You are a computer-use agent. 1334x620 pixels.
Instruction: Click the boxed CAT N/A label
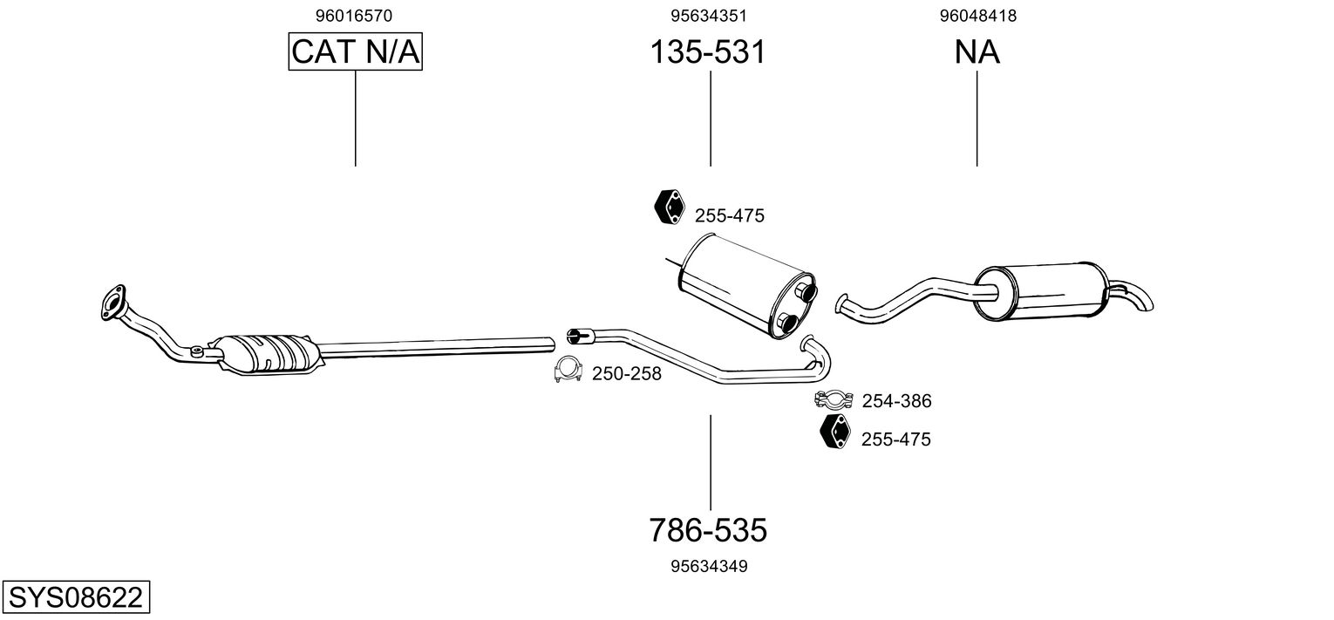[x=356, y=52]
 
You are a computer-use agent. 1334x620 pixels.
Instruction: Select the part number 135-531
[x=708, y=52]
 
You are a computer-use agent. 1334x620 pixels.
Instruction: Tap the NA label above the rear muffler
[x=977, y=52]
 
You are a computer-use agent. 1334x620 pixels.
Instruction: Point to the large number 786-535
[x=708, y=529]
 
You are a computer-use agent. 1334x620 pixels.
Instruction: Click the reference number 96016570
[x=354, y=16]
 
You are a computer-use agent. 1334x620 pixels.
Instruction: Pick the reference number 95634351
[x=709, y=16]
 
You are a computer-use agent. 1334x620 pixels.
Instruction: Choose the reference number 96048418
[x=978, y=16]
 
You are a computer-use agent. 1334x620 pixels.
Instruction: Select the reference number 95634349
[x=709, y=567]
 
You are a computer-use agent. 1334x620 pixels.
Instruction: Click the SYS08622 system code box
[x=75, y=598]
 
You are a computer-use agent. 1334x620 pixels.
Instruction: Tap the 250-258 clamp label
[x=627, y=374]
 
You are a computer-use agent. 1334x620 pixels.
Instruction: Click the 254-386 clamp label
[x=896, y=401]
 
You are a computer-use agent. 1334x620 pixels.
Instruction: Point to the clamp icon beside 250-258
[x=568, y=371]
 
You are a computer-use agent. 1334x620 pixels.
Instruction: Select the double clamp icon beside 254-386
[x=833, y=399]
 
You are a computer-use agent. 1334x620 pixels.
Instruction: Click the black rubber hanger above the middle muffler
[x=669, y=205]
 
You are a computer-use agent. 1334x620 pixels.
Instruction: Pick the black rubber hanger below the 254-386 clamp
[x=835, y=433]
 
